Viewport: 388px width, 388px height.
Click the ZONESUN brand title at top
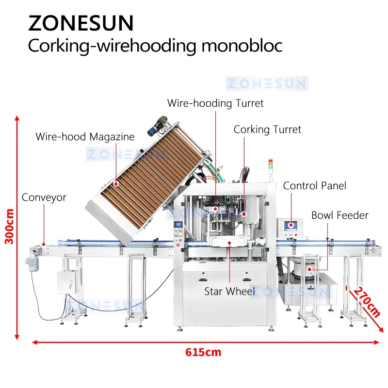tap(81, 23)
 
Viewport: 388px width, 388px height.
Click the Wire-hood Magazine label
tap(85, 137)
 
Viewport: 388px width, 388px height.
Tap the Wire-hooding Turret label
tap(215, 103)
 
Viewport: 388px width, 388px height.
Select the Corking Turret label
tap(267, 129)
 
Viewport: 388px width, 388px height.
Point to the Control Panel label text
tap(315, 186)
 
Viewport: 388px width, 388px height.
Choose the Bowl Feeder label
tap(339, 215)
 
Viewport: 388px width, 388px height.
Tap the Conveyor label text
tap(44, 197)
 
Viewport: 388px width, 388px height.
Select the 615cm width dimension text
tap(203, 352)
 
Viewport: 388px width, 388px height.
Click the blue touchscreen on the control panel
tap(293, 225)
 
